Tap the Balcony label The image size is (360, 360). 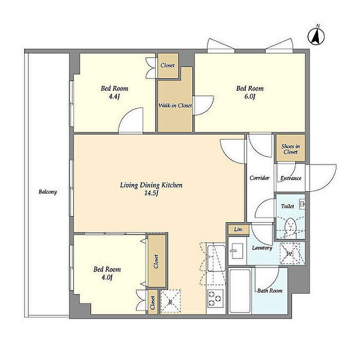[47, 192]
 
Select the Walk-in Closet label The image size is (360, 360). [175, 105]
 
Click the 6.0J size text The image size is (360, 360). [250, 97]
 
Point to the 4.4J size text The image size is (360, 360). [114, 97]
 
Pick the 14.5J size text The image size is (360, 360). [151, 193]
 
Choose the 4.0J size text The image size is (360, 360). [107, 277]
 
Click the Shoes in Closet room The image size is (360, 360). [291, 148]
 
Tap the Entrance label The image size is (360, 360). [291, 178]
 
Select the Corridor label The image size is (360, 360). [259, 178]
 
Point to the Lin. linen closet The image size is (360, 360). [239, 229]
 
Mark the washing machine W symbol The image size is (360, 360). [290, 254]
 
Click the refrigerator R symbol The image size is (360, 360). [170, 302]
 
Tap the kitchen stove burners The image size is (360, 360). [215, 298]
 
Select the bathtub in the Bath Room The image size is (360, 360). [240, 291]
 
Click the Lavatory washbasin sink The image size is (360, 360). [237, 251]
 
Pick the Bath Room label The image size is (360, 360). [270, 291]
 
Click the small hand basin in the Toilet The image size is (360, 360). [302, 204]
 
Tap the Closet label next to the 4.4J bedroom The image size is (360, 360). [168, 65]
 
